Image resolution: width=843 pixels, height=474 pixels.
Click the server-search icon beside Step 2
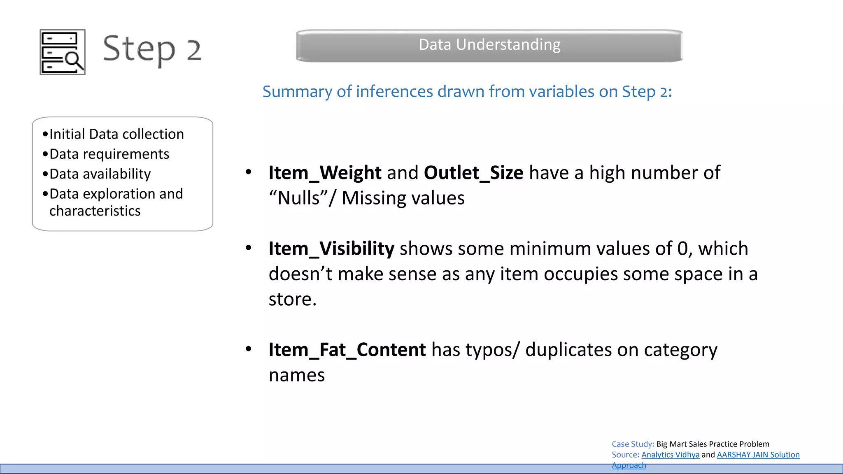[63, 52]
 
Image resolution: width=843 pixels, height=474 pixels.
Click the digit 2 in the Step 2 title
[194, 50]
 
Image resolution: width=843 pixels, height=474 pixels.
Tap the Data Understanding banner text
[489, 44]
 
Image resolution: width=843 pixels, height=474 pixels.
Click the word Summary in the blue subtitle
[298, 91]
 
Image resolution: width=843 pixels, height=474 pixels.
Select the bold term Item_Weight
[325, 173]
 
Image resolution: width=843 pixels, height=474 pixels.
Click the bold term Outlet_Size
[473, 173]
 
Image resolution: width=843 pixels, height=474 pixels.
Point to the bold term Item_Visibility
[331, 249]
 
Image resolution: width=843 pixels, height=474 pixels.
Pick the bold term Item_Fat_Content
[347, 350]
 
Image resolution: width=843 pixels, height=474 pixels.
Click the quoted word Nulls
[298, 198]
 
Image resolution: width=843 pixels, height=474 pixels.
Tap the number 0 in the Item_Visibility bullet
[682, 249]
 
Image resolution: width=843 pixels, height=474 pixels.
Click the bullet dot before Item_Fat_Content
[248, 349]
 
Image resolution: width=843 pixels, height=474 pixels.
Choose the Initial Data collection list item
[116, 134]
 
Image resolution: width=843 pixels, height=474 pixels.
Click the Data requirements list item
[109, 154]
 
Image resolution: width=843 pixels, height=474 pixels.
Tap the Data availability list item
[100, 174]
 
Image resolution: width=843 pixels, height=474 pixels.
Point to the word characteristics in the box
[95, 211]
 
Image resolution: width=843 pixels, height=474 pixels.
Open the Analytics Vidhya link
[670, 455]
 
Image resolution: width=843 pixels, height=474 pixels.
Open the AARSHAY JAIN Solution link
[758, 455]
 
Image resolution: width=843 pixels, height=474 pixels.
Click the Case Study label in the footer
[632, 444]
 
